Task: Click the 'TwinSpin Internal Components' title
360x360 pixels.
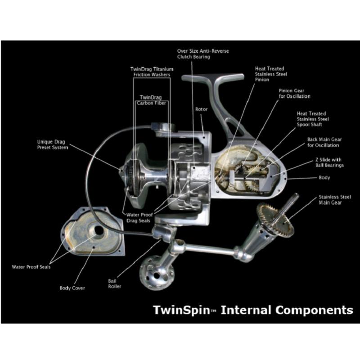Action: point(253,310)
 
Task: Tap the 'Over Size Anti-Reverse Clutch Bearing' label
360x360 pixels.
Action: point(203,54)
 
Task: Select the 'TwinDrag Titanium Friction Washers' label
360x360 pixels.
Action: point(152,72)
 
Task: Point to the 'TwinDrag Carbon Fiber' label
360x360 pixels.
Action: point(152,99)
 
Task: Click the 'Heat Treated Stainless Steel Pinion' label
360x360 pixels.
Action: point(271,74)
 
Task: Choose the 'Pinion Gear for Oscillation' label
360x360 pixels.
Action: point(294,93)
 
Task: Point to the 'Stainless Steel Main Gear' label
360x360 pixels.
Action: point(335,200)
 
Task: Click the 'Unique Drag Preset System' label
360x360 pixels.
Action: point(53,144)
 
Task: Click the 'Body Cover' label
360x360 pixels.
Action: point(72,288)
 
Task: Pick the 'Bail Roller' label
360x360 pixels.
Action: point(114,283)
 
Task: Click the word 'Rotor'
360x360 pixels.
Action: point(201,109)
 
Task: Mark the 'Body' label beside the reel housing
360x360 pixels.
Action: point(324,178)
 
